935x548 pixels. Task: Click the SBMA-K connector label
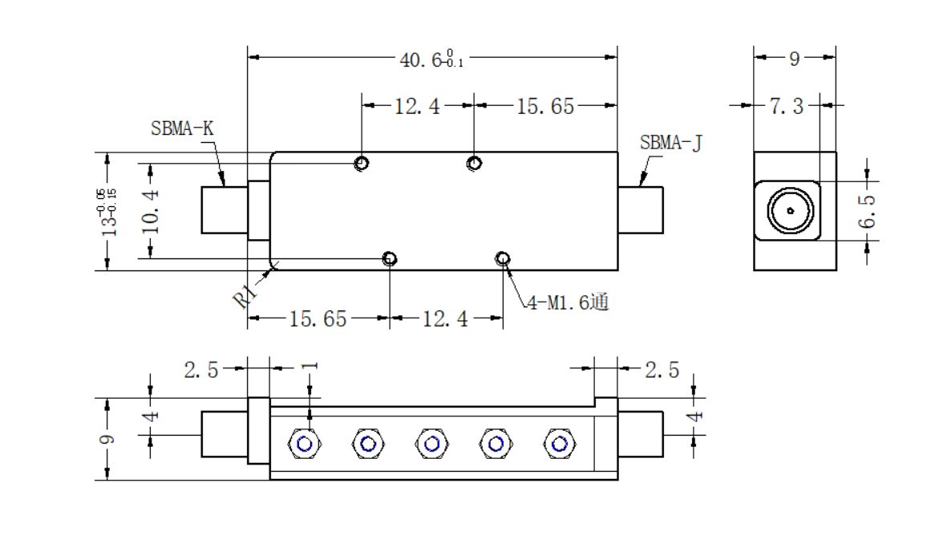point(182,128)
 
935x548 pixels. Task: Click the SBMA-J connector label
point(671,144)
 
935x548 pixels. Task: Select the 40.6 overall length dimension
point(431,59)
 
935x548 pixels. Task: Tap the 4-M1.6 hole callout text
point(568,302)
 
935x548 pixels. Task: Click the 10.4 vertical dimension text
point(150,211)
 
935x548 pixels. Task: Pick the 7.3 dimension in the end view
point(787,106)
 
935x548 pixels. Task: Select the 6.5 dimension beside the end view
point(866,211)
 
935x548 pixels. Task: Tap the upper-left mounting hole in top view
point(362,163)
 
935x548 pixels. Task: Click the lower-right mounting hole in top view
point(503,258)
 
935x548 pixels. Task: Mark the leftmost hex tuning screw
point(305,444)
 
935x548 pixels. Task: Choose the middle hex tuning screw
point(431,444)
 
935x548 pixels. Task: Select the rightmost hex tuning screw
point(560,444)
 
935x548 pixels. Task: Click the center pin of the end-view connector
point(790,211)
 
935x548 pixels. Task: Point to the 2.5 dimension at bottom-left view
point(201,370)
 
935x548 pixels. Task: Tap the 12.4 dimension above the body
point(417,106)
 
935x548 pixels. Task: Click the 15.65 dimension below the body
point(318,319)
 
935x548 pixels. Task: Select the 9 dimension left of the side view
point(107,440)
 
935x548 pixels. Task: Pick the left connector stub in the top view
point(225,210)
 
